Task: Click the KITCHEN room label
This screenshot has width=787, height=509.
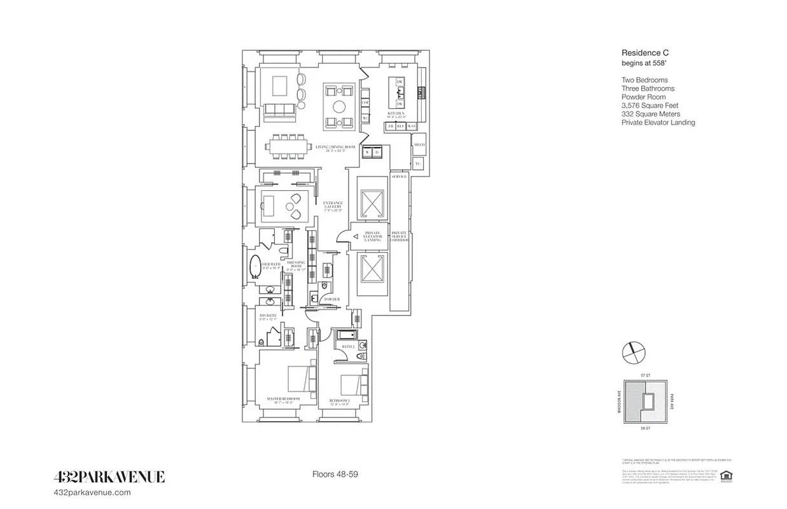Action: click(x=396, y=113)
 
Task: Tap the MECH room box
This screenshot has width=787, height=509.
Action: click(x=419, y=145)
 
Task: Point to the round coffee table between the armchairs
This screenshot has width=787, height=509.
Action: click(x=340, y=106)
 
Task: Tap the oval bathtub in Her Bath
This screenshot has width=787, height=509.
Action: click(x=255, y=267)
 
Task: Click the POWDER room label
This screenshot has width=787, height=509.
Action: click(x=331, y=299)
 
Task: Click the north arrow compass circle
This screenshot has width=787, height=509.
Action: click(x=633, y=351)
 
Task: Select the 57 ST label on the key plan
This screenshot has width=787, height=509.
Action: click(x=646, y=376)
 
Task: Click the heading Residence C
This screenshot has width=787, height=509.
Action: click(x=644, y=54)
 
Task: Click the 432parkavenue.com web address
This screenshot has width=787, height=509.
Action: click(x=94, y=492)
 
